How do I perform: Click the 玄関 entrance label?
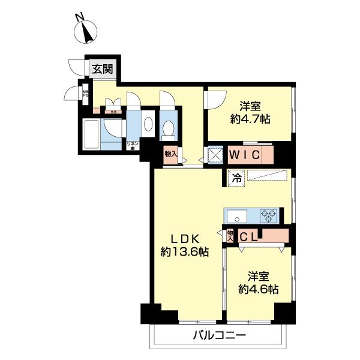103,68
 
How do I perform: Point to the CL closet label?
249,236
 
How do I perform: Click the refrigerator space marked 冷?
236,178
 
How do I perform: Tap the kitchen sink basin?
235,215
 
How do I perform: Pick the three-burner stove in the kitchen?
267,215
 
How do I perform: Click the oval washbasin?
149,123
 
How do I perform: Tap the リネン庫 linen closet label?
133,145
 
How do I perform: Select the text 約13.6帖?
184,253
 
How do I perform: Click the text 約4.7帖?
250,118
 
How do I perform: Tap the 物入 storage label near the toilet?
171,154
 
